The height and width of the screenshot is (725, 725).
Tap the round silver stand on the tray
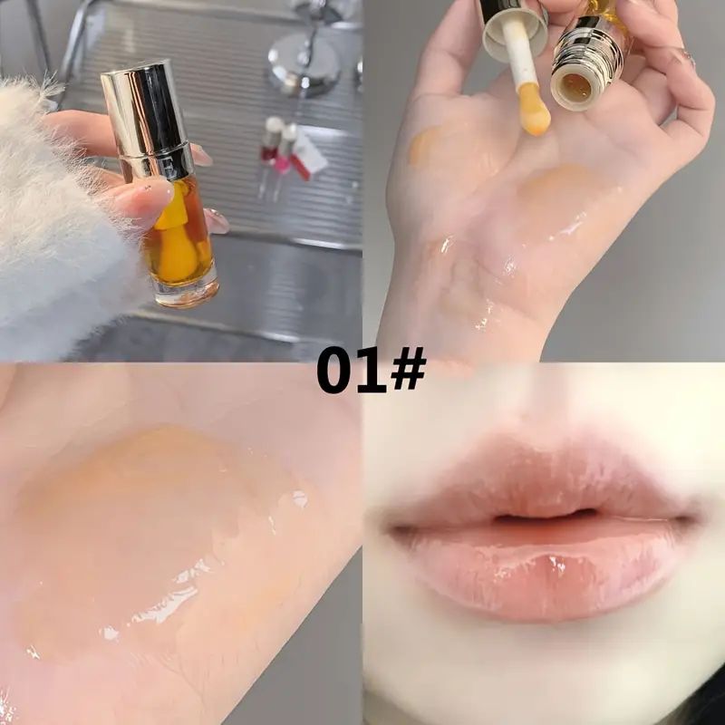click(x=304, y=64)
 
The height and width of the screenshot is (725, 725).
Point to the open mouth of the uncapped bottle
click(x=575, y=87)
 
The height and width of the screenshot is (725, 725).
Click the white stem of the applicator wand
click(x=517, y=51)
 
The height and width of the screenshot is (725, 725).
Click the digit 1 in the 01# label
click(x=372, y=371)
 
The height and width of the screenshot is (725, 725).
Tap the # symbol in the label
click(x=408, y=370)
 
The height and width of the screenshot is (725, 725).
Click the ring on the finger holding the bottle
click(x=688, y=57)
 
